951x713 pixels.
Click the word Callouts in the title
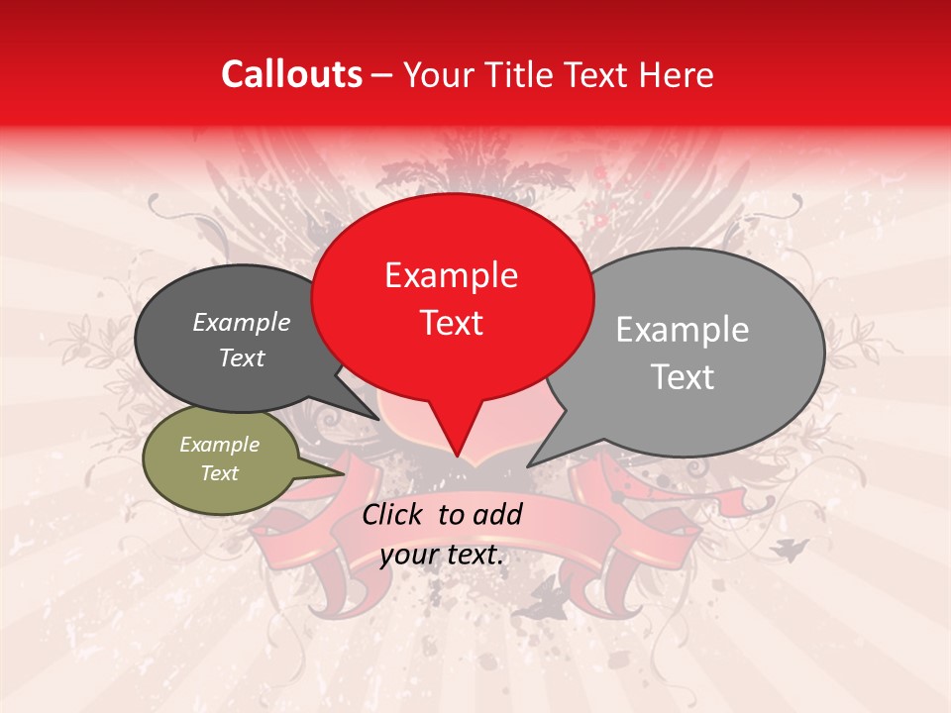[291, 74]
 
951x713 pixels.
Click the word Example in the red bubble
[451, 275]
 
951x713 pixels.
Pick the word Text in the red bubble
[451, 323]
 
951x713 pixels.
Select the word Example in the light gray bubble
[682, 330]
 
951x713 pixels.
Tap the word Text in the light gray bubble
[682, 377]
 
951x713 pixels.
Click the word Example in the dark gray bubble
[241, 323]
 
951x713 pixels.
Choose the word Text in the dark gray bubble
[241, 358]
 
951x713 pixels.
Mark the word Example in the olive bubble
[219, 445]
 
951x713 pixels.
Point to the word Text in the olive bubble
[219, 473]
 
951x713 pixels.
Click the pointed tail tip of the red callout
[457, 456]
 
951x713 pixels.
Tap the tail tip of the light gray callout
[529, 465]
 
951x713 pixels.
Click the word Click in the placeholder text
[395, 514]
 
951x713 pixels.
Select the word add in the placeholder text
[497, 514]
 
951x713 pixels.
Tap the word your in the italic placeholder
[408, 555]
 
